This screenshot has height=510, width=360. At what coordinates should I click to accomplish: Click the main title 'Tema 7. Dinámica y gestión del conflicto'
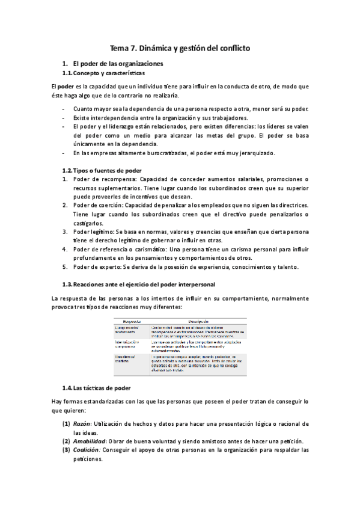click(x=180, y=47)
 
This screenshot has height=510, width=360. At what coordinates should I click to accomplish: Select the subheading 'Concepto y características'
click(x=108, y=73)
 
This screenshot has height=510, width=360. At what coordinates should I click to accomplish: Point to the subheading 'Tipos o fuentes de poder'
click(x=106, y=170)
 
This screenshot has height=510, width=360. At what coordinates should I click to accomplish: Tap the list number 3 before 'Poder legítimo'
click(x=65, y=232)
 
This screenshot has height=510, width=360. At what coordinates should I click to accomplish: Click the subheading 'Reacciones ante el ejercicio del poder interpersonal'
click(x=143, y=283)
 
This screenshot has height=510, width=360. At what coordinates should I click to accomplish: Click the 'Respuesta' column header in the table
click(x=131, y=321)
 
